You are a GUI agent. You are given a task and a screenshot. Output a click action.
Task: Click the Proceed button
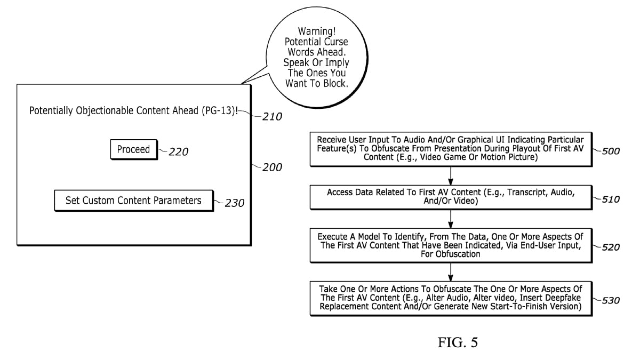(x=133, y=149)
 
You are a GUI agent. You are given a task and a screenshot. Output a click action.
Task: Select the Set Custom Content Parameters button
(x=133, y=201)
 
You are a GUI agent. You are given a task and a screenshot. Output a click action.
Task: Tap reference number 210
(x=272, y=116)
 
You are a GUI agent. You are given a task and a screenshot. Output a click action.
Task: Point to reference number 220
(x=178, y=152)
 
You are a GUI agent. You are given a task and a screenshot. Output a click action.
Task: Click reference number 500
(x=610, y=151)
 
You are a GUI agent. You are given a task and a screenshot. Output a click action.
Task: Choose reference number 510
(x=610, y=199)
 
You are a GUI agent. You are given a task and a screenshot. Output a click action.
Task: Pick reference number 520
(x=610, y=247)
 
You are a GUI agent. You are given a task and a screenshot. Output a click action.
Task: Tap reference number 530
(x=610, y=300)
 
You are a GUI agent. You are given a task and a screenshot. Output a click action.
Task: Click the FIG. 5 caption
(x=457, y=342)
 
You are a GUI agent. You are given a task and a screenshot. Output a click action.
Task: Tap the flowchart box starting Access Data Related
(x=451, y=197)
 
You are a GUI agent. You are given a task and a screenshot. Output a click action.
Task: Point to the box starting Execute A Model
(x=451, y=245)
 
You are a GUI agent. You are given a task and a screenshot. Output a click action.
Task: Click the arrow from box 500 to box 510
(x=451, y=175)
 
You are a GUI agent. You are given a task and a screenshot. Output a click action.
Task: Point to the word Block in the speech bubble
(x=334, y=83)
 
